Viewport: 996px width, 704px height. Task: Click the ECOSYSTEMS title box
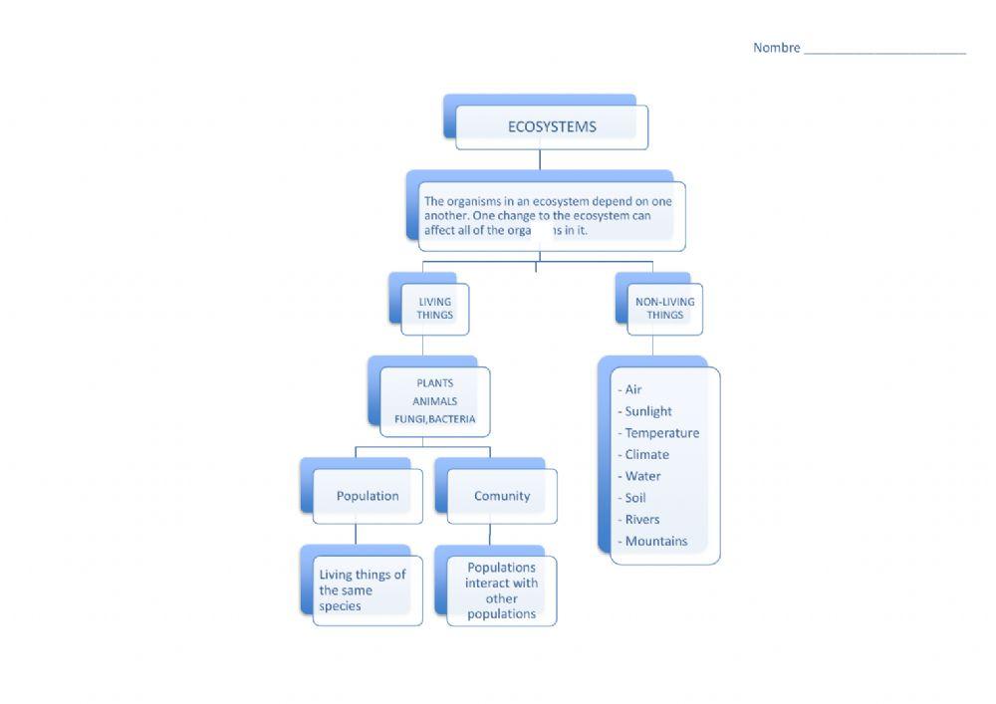552,126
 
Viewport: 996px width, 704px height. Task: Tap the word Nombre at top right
776,48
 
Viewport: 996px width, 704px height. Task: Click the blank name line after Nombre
884,50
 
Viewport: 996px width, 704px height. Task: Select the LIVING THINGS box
434,309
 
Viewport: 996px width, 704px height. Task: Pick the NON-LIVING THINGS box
664,309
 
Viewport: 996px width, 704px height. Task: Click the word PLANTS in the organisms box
434,382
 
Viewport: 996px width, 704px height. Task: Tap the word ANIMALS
434,401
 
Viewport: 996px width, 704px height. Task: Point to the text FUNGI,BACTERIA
434,419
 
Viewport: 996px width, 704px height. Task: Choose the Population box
368,496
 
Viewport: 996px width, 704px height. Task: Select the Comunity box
502,496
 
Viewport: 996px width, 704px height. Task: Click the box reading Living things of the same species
364,589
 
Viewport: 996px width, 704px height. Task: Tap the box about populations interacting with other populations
502,590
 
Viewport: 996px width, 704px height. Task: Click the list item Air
632,389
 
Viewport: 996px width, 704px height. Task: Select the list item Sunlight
647,411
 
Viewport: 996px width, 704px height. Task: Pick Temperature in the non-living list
661,433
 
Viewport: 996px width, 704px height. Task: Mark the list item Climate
646,454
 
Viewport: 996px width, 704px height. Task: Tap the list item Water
642,476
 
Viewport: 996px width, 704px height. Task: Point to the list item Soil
634,498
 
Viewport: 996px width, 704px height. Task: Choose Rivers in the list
641,519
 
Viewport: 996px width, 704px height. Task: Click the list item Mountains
655,541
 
